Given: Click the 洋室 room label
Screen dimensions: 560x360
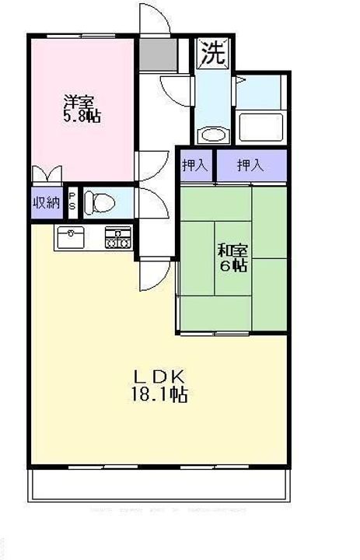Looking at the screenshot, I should coord(79,102).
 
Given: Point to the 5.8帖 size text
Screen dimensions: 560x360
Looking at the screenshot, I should coord(81,117).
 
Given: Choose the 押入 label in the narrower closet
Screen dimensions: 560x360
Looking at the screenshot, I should coord(195,165).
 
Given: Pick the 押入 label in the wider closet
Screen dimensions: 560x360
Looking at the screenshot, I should coord(250,165).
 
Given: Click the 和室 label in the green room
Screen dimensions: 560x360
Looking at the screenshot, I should coord(232,250).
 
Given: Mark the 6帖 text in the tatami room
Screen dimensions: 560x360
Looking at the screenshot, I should coord(232,266).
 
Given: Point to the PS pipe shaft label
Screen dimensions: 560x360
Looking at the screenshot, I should coord(72,203).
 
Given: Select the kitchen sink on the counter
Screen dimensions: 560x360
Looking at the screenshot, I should coord(73,236).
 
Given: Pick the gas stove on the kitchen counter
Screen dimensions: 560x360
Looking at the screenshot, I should coord(118,236).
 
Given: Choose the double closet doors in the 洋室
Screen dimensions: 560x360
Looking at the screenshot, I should coord(47,173).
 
